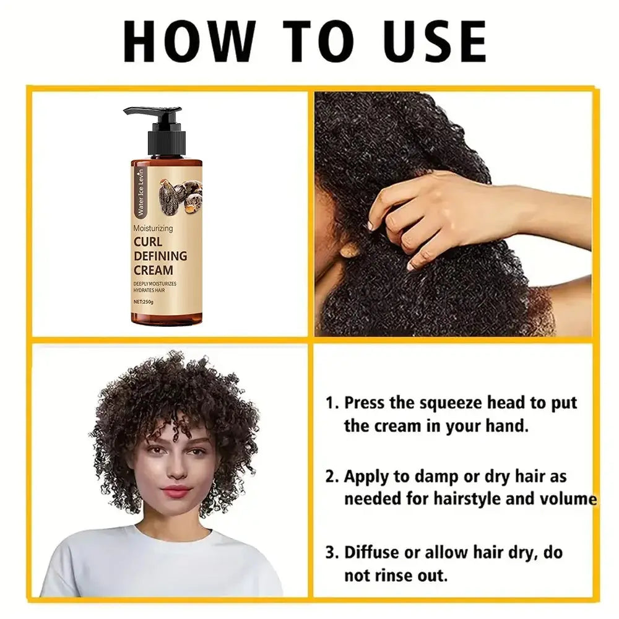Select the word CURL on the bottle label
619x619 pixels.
click(148, 241)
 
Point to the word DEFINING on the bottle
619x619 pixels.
click(160, 256)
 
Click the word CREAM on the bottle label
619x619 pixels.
click(153, 271)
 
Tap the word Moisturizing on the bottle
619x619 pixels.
click(153, 228)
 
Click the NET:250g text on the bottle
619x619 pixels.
click(144, 301)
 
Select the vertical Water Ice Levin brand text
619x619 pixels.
click(140, 193)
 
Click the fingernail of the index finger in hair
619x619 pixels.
click(370, 226)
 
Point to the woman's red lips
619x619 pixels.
click(176, 491)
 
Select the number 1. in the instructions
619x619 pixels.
click(332, 403)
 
